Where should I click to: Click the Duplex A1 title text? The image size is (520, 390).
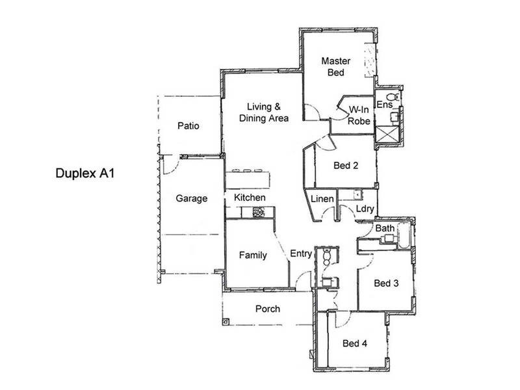point(85,174)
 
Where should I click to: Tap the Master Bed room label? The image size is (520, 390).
point(335,67)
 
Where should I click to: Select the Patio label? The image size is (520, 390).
point(188,125)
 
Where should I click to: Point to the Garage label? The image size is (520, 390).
point(192,198)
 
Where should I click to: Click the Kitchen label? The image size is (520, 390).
point(250,198)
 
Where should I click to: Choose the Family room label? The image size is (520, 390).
point(253,255)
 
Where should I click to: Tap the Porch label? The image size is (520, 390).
point(268,309)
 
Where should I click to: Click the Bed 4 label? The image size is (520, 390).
point(355,343)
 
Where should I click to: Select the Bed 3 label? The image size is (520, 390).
point(386,283)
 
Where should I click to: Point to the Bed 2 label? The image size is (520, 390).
point(346,166)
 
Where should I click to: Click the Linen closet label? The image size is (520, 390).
point(322,199)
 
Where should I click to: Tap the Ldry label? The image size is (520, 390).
point(365,209)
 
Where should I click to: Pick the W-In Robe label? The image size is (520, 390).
point(359,116)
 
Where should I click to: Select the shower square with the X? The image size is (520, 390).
point(387,134)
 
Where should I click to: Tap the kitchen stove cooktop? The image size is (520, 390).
point(259,213)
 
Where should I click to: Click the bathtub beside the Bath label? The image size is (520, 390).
point(404,235)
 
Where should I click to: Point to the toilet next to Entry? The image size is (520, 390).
point(327,256)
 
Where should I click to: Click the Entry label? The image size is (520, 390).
point(301,253)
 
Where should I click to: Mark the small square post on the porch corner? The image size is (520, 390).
point(226,321)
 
